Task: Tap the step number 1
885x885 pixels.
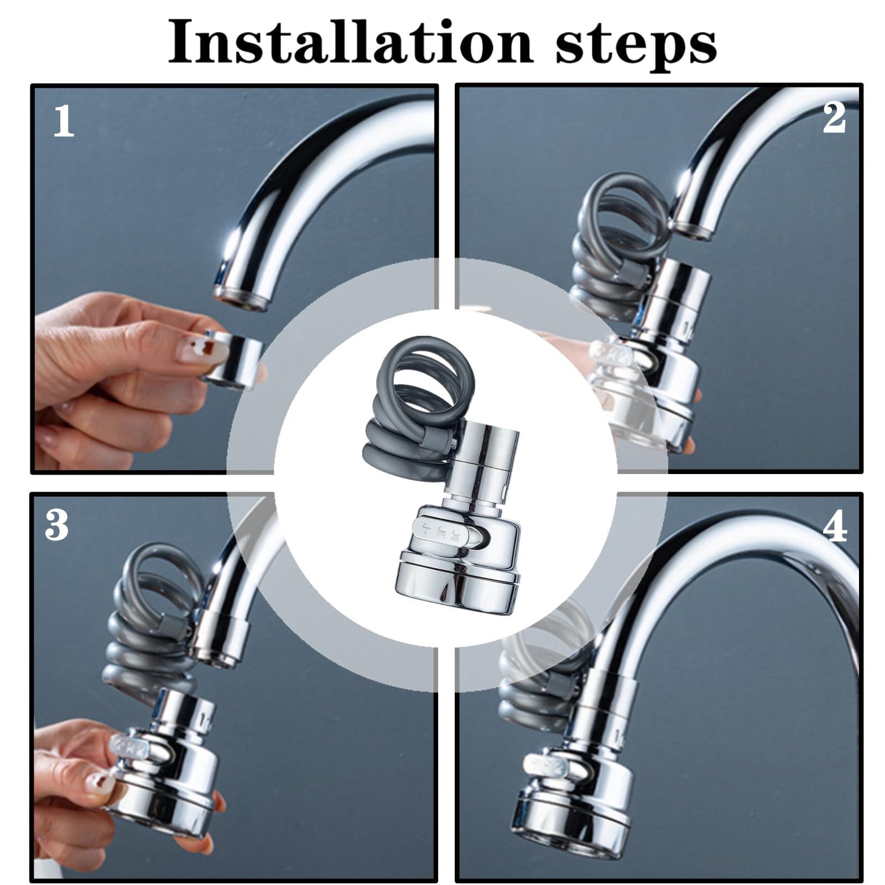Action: (x=64, y=122)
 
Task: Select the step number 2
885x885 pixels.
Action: (x=834, y=117)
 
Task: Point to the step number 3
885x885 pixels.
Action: (x=57, y=525)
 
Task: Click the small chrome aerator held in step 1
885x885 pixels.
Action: (x=232, y=357)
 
